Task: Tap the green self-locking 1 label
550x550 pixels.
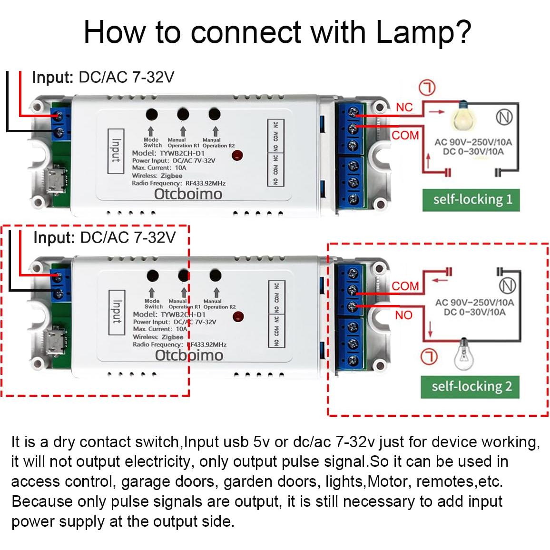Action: [x=471, y=199]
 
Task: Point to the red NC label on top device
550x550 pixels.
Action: [x=404, y=107]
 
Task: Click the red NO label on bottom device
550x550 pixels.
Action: [x=403, y=315]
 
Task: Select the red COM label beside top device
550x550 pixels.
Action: [x=405, y=136]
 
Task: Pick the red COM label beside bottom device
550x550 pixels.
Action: [x=405, y=286]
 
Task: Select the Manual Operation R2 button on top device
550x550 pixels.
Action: [x=215, y=115]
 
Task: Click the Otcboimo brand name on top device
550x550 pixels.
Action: [x=188, y=194]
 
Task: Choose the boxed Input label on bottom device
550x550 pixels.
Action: [x=117, y=311]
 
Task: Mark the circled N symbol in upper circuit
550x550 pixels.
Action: [x=504, y=117]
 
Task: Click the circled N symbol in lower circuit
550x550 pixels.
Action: [x=508, y=285]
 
